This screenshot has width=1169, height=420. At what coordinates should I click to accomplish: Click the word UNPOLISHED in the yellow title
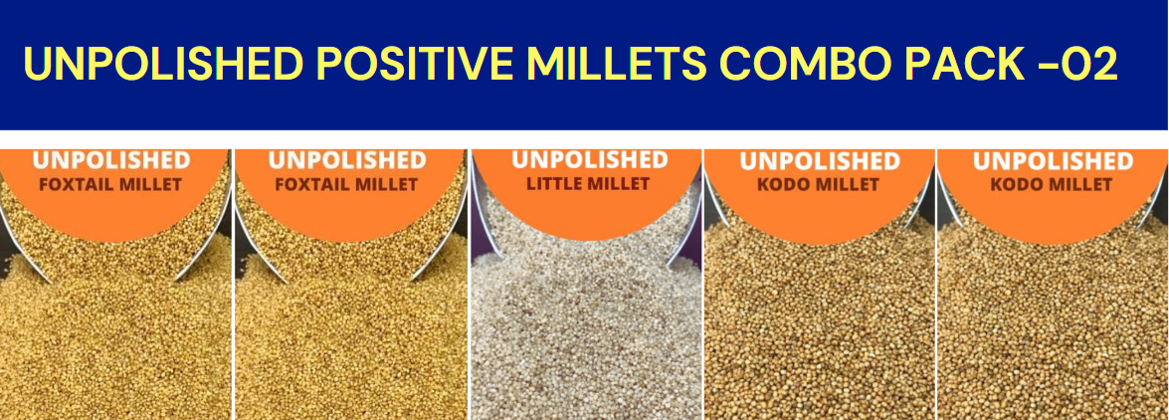163,64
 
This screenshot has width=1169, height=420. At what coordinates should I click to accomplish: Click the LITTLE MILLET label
589,183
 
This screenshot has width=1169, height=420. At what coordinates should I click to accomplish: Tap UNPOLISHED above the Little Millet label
589,160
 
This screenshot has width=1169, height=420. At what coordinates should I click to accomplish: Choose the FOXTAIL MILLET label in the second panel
346,184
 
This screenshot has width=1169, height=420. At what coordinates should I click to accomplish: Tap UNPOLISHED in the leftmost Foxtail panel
111,160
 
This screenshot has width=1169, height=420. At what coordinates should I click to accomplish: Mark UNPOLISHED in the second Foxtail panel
346,160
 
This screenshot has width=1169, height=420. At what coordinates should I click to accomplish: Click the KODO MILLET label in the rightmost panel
1052,184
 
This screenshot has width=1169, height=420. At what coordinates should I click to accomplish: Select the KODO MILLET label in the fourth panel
819,184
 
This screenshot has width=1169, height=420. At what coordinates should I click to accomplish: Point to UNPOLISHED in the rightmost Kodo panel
1053,161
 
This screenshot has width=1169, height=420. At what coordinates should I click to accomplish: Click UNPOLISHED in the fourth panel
820,161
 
